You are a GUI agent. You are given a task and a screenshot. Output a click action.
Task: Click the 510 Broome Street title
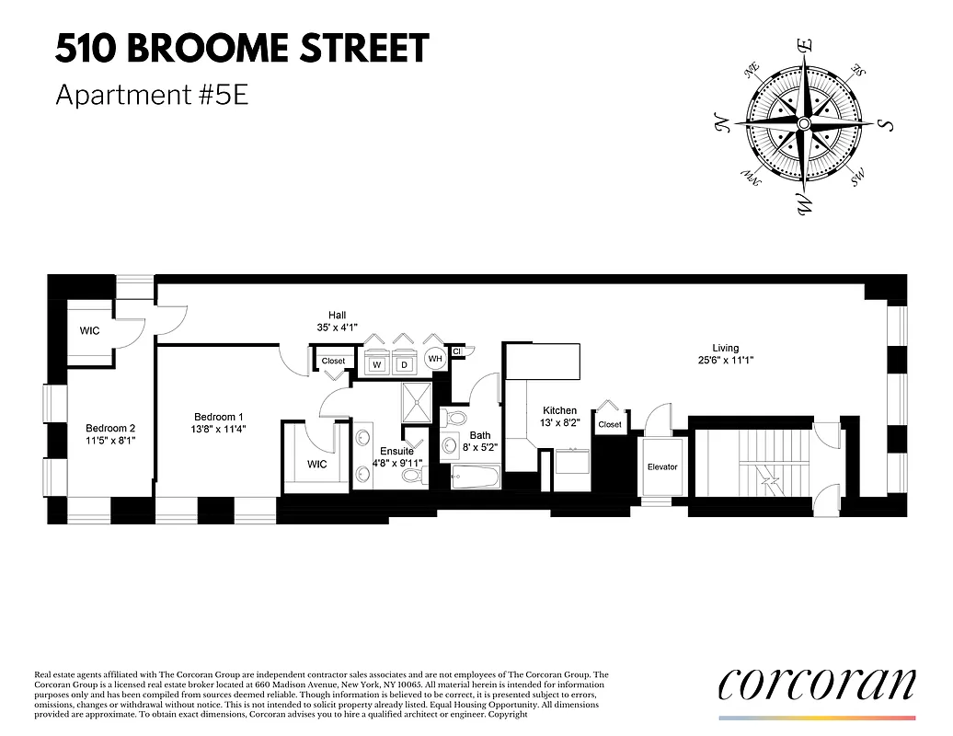(x=242, y=49)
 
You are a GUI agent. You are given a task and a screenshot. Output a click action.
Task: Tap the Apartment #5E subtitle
(x=152, y=95)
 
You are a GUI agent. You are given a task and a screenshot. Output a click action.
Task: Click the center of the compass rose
(x=803, y=123)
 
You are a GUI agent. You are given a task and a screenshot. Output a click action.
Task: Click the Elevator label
(x=661, y=467)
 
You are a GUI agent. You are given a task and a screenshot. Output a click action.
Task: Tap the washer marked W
(x=376, y=365)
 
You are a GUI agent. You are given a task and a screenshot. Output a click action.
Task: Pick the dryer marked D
(x=403, y=365)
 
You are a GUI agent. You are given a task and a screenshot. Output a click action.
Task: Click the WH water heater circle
(x=435, y=360)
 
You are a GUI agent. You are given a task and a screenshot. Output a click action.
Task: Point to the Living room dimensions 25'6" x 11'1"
(x=725, y=361)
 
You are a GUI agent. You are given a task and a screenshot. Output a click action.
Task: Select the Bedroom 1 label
(x=218, y=416)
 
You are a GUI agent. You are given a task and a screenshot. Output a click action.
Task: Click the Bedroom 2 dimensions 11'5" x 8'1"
(x=110, y=441)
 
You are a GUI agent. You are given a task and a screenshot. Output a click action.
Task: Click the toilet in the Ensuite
(x=414, y=476)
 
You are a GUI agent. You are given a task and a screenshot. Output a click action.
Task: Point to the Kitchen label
(x=559, y=410)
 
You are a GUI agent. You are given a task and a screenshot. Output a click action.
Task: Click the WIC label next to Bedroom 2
(x=89, y=330)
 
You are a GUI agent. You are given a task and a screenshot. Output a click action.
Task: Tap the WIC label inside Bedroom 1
(x=317, y=465)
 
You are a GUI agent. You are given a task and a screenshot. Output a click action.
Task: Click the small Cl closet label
(x=457, y=351)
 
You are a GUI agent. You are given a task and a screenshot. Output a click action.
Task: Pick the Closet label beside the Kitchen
(x=609, y=425)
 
